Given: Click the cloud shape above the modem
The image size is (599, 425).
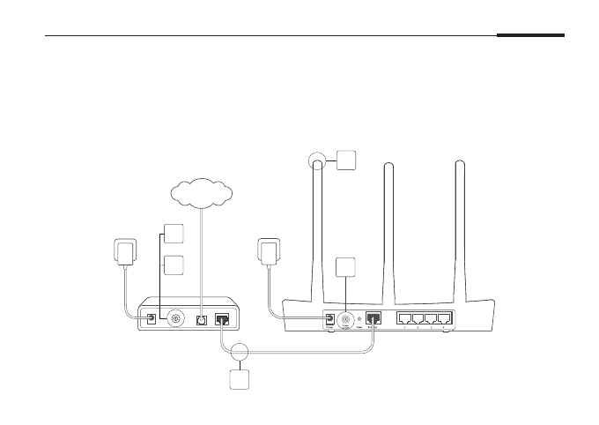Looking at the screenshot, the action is (x=201, y=192).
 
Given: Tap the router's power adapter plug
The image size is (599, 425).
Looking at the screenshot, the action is (x=270, y=250).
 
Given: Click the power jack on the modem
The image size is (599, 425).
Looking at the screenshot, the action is (x=152, y=317).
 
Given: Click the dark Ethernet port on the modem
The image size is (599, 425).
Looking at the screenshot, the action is (x=224, y=319).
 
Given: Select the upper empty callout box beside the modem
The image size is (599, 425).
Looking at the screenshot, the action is (x=174, y=235).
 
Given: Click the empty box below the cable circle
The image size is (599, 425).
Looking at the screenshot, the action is (x=239, y=381).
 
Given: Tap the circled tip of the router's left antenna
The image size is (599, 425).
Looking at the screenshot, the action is (x=317, y=160).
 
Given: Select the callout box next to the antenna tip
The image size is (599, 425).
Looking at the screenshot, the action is (x=345, y=160).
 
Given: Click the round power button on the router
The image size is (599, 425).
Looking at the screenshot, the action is (x=346, y=319).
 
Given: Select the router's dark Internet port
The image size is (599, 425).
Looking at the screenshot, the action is (x=373, y=318).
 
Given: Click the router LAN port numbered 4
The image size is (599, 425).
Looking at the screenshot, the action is (x=445, y=319).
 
